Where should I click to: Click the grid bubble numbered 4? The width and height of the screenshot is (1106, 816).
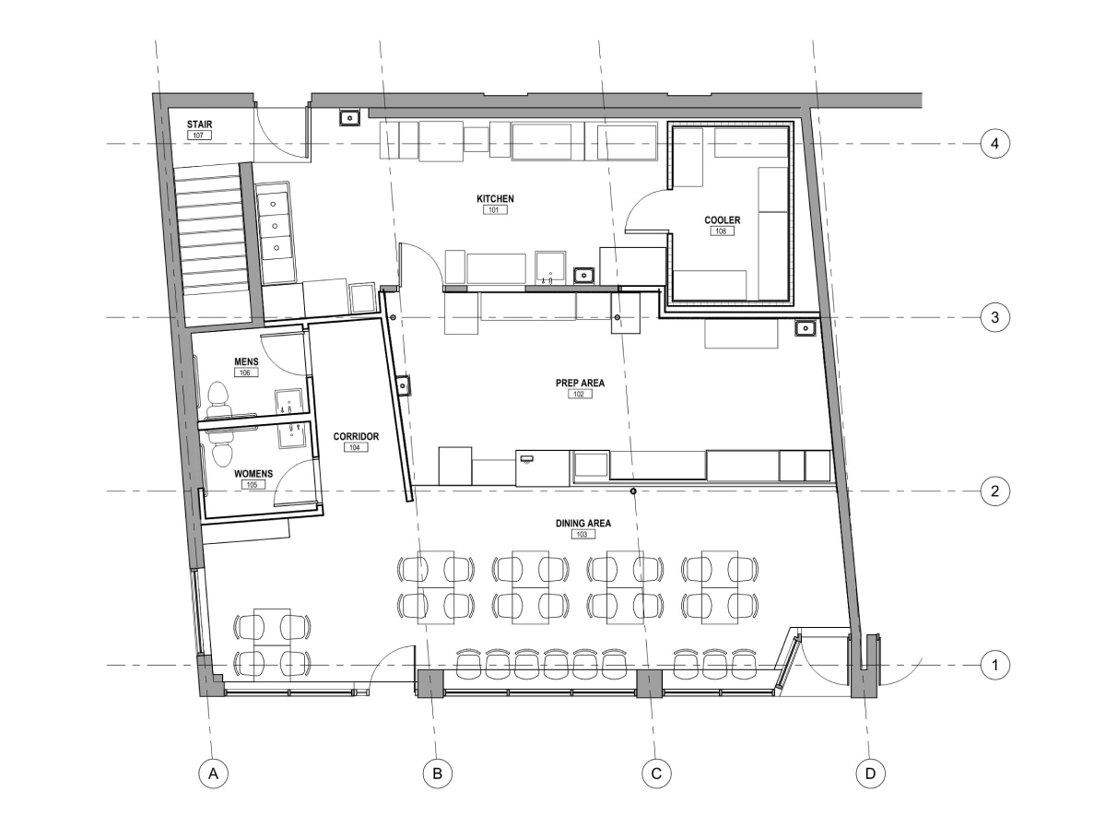(x=994, y=144)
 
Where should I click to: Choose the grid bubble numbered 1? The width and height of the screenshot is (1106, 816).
(x=994, y=664)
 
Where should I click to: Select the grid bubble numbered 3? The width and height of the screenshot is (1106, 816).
(x=994, y=317)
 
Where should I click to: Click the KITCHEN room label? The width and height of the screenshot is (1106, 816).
(x=495, y=198)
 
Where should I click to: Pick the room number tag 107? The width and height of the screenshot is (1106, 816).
(x=198, y=135)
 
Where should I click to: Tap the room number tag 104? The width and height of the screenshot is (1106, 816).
(x=355, y=447)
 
